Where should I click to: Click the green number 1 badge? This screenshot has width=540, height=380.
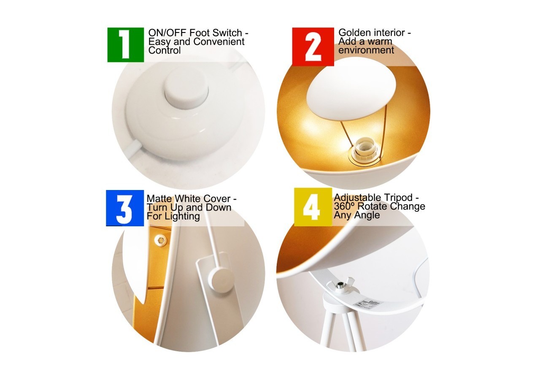pos(125,45)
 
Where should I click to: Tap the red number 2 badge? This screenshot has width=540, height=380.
pos(313,46)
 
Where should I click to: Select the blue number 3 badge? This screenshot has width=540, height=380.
pos(124,208)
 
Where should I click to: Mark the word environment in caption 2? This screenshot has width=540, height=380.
pos(366,50)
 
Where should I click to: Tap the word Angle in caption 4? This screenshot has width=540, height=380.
pos(367,215)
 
